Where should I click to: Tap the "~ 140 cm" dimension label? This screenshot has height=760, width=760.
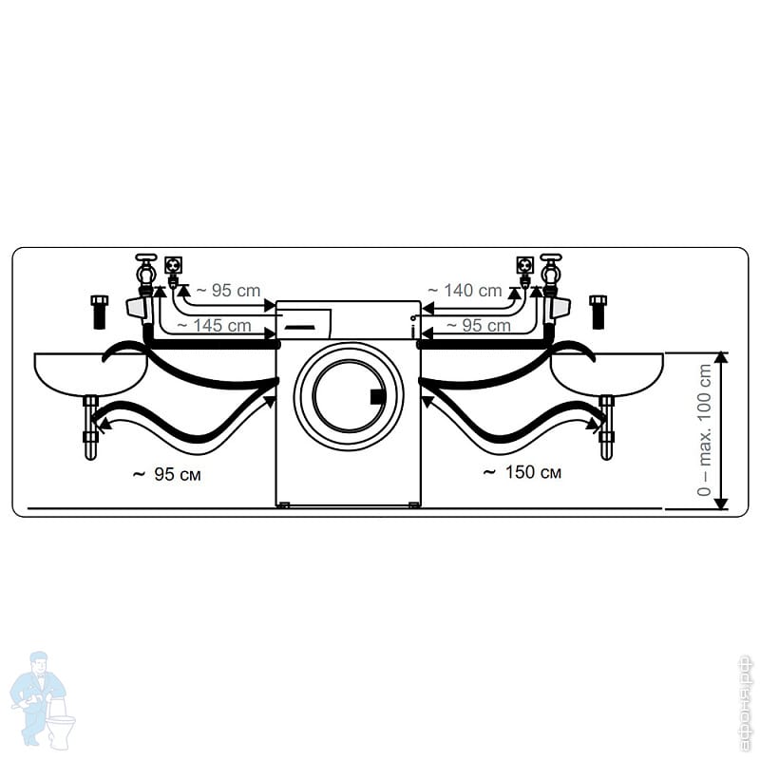465,291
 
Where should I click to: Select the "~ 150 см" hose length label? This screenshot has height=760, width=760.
522,472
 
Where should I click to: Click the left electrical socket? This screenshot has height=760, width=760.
174,263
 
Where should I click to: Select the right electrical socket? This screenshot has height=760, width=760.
522,263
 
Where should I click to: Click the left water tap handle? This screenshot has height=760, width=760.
145,257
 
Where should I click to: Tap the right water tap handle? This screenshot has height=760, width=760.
550,257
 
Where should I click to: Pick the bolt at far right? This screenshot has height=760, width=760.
598,312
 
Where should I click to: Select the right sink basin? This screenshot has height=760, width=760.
608,370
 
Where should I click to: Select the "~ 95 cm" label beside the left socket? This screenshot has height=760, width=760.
225,291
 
